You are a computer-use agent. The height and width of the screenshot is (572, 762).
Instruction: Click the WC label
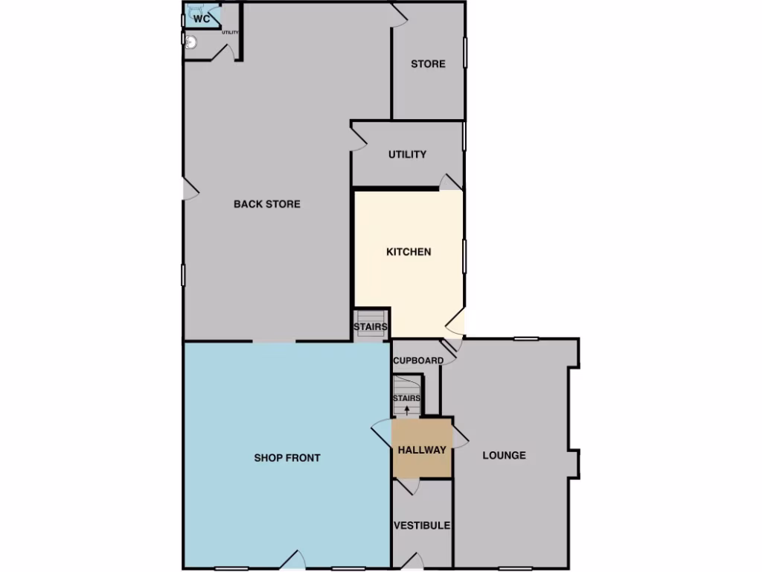(x=201, y=19)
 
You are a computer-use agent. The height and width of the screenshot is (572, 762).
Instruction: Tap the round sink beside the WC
(x=190, y=43)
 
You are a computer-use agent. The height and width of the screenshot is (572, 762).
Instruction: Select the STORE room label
(x=428, y=64)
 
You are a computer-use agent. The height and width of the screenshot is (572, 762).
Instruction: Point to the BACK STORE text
(x=266, y=203)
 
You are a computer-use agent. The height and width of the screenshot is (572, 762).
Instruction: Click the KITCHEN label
(x=409, y=252)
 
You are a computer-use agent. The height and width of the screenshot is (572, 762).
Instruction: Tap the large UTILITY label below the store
(x=407, y=154)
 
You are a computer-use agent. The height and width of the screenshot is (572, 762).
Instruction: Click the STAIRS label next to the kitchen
(x=371, y=327)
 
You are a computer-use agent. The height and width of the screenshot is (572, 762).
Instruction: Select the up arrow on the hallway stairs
(x=406, y=410)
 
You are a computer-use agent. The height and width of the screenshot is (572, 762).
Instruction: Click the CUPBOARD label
(x=418, y=360)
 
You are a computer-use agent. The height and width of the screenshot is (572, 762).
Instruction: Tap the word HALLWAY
(x=422, y=450)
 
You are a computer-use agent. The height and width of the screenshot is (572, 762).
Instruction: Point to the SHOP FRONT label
(x=287, y=457)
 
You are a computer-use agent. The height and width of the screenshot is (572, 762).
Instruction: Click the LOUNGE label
(x=504, y=455)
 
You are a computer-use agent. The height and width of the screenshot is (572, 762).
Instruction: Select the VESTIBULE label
(x=422, y=525)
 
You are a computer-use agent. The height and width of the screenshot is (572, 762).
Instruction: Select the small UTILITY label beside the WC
(x=230, y=33)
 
